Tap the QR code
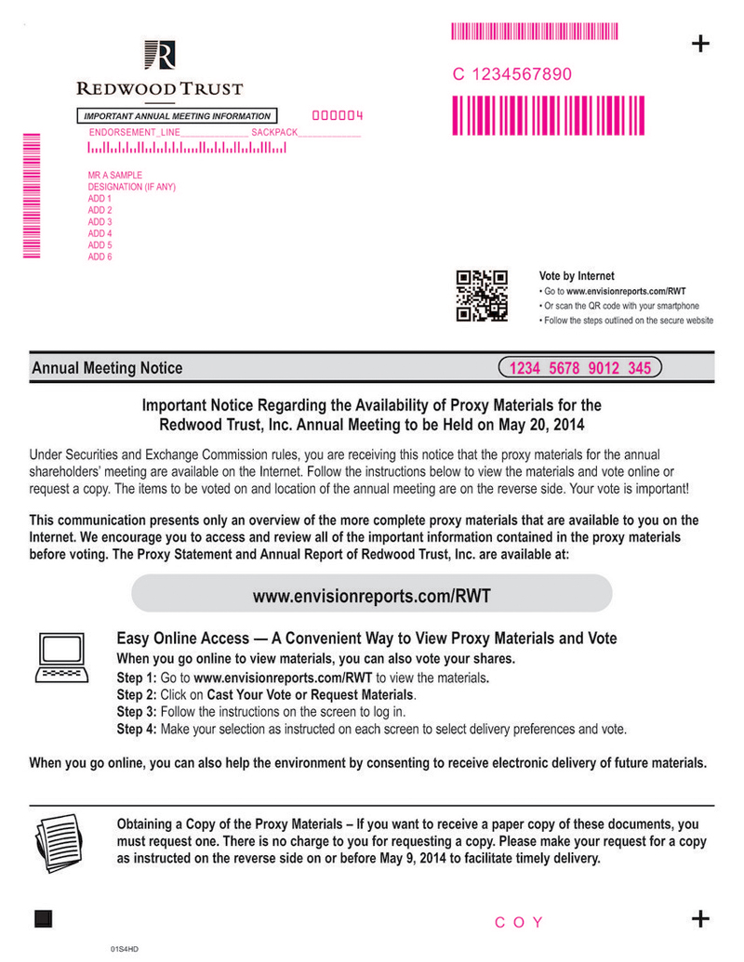482,296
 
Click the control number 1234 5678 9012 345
579,368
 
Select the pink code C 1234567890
512,74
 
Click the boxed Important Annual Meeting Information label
177,116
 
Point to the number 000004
337,116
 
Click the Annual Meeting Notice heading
107,368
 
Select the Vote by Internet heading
577,276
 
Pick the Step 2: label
136,695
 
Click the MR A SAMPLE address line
115,176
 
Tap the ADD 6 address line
100,257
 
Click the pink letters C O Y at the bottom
519,922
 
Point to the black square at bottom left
44,919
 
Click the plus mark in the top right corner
701,45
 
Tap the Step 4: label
136,729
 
